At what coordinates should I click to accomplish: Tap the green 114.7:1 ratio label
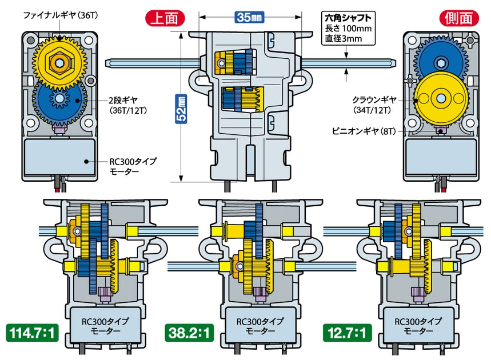(x=32, y=331)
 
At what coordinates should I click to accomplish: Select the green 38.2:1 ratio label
(x=188, y=331)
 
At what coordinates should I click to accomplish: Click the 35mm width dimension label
(x=248, y=17)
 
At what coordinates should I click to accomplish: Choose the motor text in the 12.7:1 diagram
(x=417, y=326)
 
